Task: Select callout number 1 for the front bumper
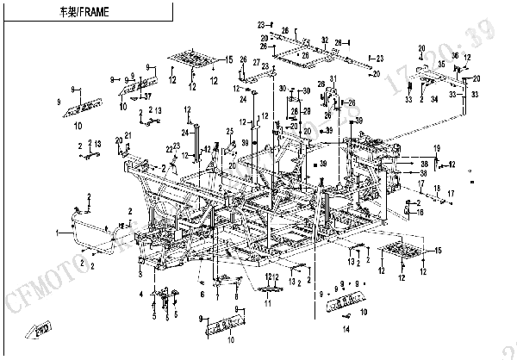[58, 233]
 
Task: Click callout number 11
[268, 303]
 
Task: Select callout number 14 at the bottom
[346, 329]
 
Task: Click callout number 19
[436, 148]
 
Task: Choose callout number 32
[325, 40]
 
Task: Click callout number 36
[456, 56]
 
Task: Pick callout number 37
[148, 96]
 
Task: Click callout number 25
[230, 131]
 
